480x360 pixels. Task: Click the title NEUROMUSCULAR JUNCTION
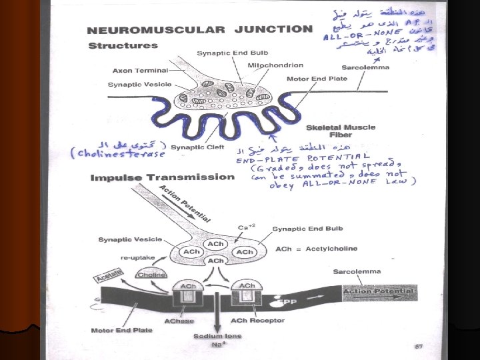(200, 29)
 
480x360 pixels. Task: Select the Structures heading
(123, 45)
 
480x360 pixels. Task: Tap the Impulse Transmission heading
(162, 177)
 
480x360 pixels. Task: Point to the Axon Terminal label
(140, 69)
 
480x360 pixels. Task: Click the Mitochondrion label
(275, 65)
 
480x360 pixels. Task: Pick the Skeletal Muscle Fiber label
(341, 131)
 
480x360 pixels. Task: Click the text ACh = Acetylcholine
(316, 249)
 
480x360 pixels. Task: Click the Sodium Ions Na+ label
(217, 340)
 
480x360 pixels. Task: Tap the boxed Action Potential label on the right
(379, 291)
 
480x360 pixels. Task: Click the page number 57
(419, 346)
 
